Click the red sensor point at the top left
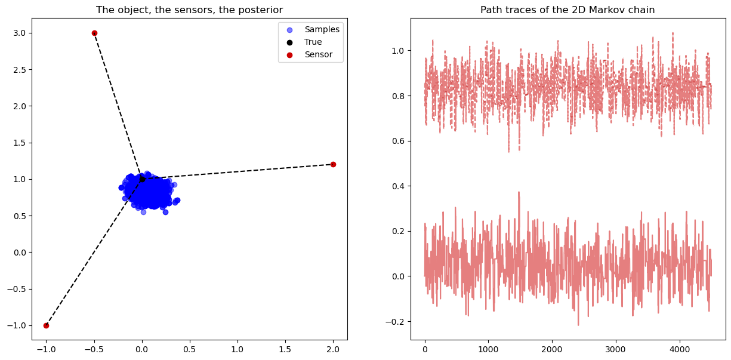[x=94, y=33]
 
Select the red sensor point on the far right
[x=333, y=164]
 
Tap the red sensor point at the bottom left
[x=46, y=325]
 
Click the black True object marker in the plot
[x=142, y=179]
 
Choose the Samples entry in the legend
[x=322, y=29]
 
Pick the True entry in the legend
[x=313, y=42]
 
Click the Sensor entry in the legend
[x=318, y=55]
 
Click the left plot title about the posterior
[x=189, y=10]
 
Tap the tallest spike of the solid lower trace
[x=519, y=193]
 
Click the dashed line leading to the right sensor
[x=239, y=171]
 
